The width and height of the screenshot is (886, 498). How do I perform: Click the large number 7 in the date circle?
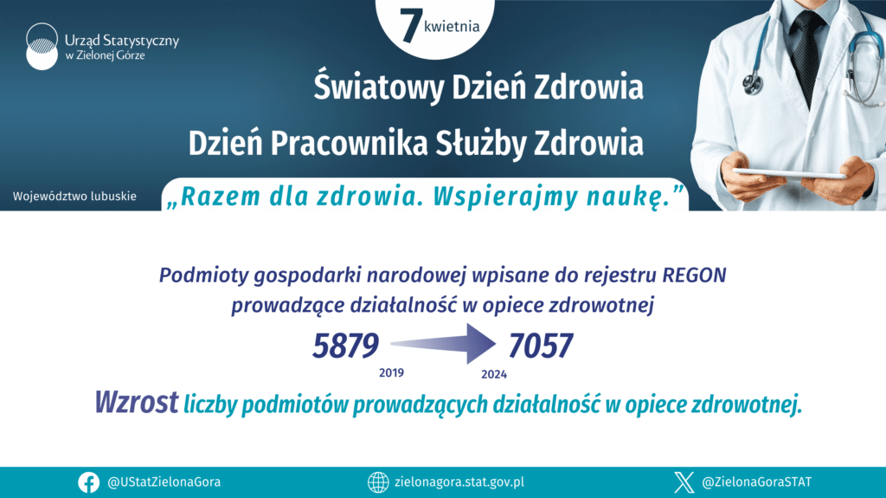click(410, 25)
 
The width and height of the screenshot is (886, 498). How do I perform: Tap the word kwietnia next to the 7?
click(452, 27)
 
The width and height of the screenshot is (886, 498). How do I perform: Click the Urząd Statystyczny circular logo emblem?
click(42, 47)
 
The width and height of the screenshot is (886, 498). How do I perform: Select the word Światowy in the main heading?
click(379, 87)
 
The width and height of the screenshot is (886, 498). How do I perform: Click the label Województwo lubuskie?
click(74, 197)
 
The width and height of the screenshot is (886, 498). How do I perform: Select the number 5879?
click(345, 346)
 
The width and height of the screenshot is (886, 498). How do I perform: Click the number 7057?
click(541, 346)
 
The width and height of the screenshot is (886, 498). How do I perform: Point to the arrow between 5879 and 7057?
click(444, 344)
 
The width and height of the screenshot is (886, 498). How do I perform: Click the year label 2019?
click(391, 373)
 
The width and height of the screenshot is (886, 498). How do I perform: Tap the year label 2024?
click(494, 374)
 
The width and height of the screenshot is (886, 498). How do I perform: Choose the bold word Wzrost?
click(136, 403)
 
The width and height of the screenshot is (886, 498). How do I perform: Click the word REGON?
click(694, 275)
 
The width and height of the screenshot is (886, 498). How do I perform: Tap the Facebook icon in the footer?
click(89, 482)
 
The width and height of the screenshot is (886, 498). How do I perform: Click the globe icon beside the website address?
click(378, 482)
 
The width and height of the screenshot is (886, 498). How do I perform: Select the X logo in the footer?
click(684, 482)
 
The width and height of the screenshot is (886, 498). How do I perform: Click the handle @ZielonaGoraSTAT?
click(756, 482)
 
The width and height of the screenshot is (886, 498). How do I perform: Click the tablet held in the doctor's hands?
click(790, 173)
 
